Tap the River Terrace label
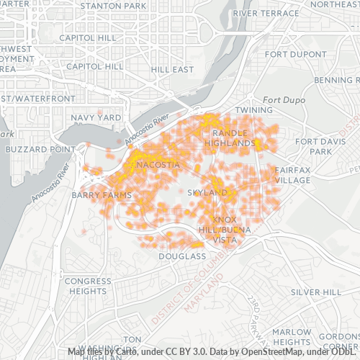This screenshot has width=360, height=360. (266, 13)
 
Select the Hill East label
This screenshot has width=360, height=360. (173, 69)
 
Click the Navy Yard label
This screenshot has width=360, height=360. (96, 117)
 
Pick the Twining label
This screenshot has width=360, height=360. (254, 110)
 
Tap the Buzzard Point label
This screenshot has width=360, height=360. (40, 149)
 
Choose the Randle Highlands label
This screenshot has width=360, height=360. (231, 138)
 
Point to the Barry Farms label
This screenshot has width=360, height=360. (102, 194)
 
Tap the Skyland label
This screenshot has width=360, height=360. (208, 193)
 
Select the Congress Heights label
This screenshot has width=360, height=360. (88, 286)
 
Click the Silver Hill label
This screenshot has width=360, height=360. (316, 292)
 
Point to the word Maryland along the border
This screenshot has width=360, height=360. (202, 294)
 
